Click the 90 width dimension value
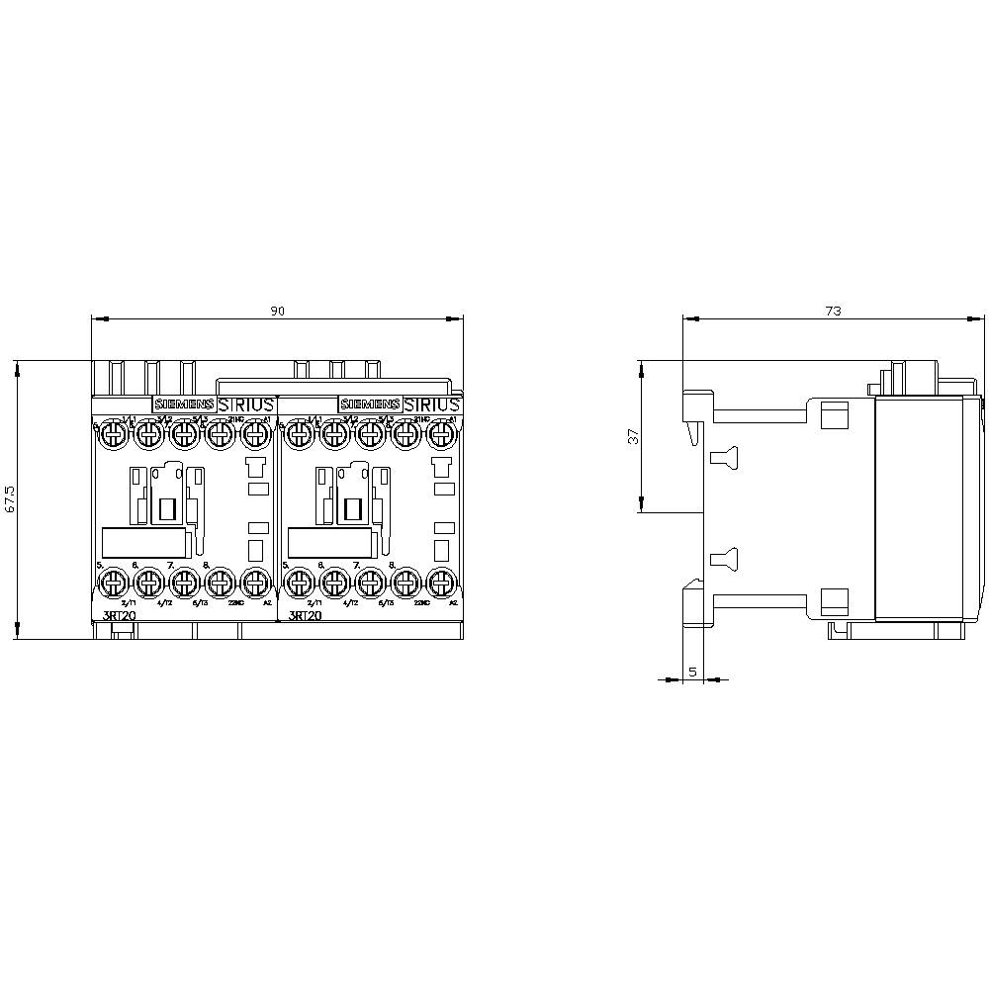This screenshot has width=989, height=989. (278, 311)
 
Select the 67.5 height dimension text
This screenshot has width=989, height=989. (10, 500)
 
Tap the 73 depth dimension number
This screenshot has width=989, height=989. (833, 311)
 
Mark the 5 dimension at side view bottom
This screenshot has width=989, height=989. (692, 672)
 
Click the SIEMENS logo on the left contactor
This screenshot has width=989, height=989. (182, 405)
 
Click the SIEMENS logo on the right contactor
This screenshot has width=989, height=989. (369, 405)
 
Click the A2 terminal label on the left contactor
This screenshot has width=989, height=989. (265, 602)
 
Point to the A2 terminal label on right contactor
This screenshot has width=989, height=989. (453, 602)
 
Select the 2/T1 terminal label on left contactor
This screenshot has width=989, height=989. (127, 602)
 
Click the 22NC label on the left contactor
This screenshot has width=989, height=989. (233, 602)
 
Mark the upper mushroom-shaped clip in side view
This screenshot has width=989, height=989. (723, 456)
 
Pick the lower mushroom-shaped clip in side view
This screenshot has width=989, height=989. (723, 559)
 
